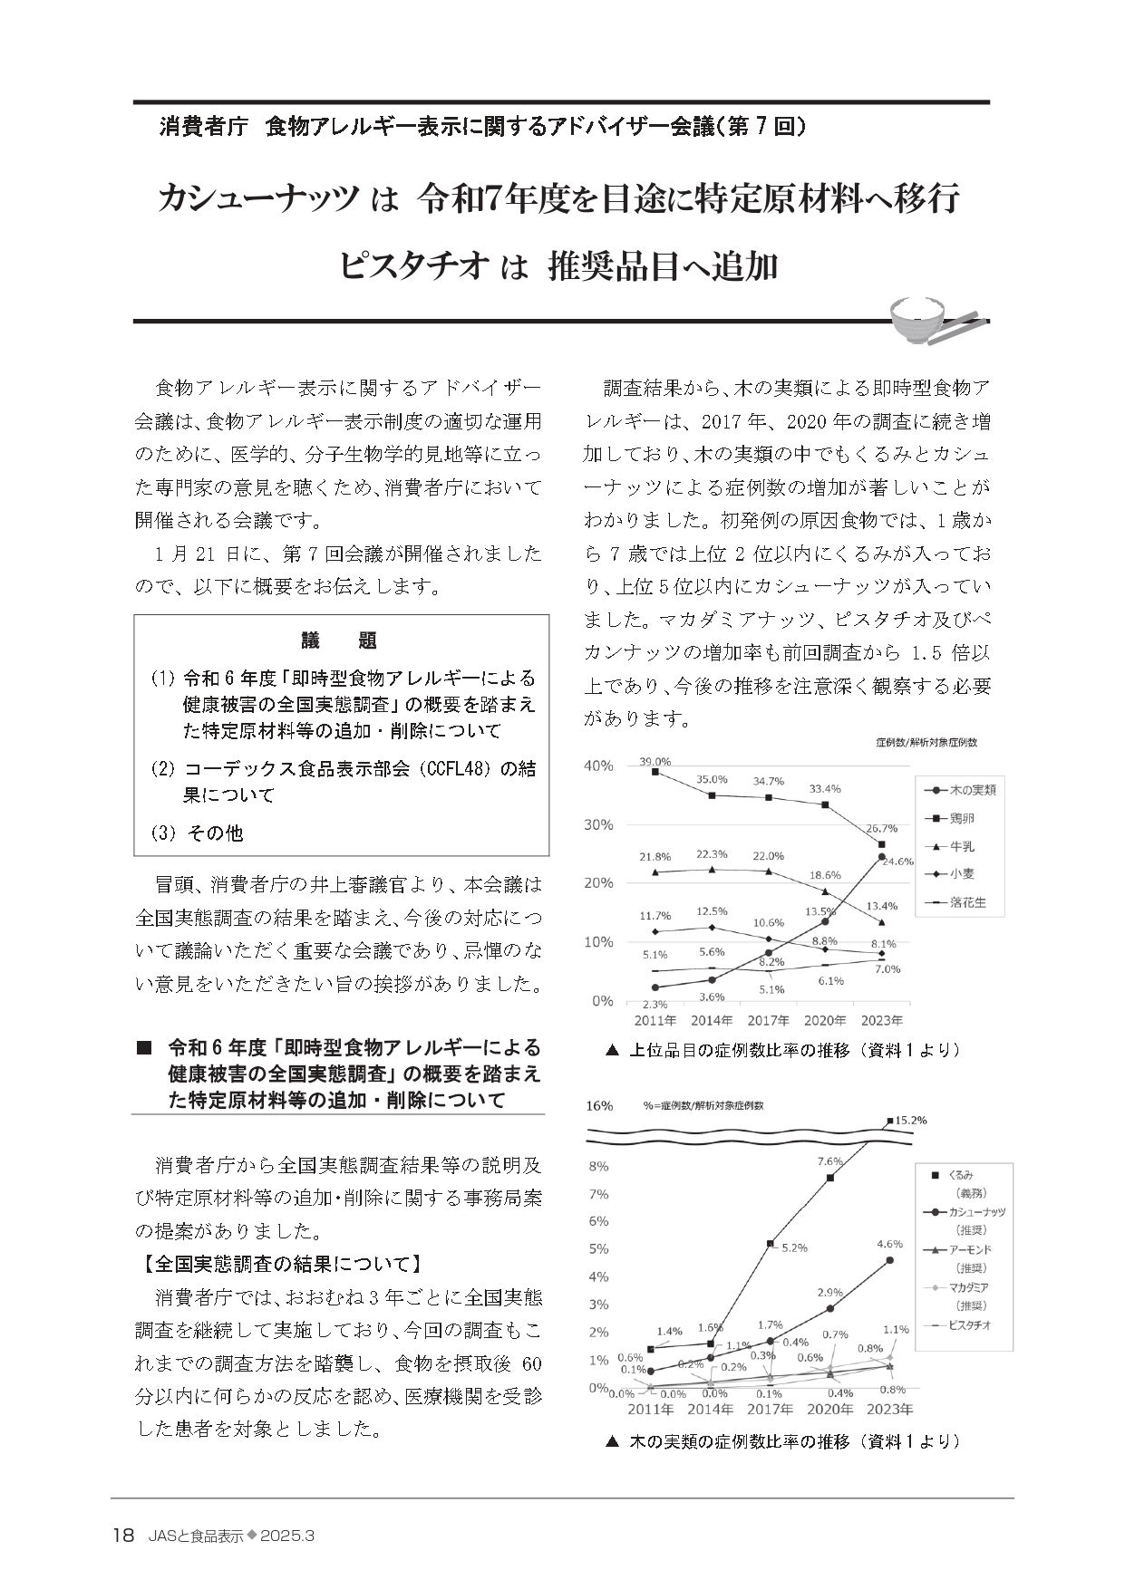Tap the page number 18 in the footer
pyautogui.click(x=122, y=1535)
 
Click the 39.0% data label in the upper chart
pyautogui.click(x=655, y=762)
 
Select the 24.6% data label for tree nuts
pyautogui.click(x=897, y=862)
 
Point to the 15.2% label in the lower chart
pyautogui.click(x=911, y=1120)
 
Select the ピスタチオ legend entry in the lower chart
pyautogui.click(x=969, y=1324)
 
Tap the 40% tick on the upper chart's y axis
pyautogui.click(x=598, y=766)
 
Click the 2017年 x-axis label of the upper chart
pyautogui.click(x=769, y=1020)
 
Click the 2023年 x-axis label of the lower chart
pyautogui.click(x=890, y=1410)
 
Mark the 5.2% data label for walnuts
pyautogui.click(x=793, y=1247)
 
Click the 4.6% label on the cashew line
pyautogui.click(x=890, y=1244)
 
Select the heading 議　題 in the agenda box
pyautogui.click(x=340, y=640)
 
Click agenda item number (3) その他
pyautogui.click(x=197, y=833)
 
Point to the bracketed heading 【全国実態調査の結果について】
pyautogui.click(x=276, y=1263)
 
